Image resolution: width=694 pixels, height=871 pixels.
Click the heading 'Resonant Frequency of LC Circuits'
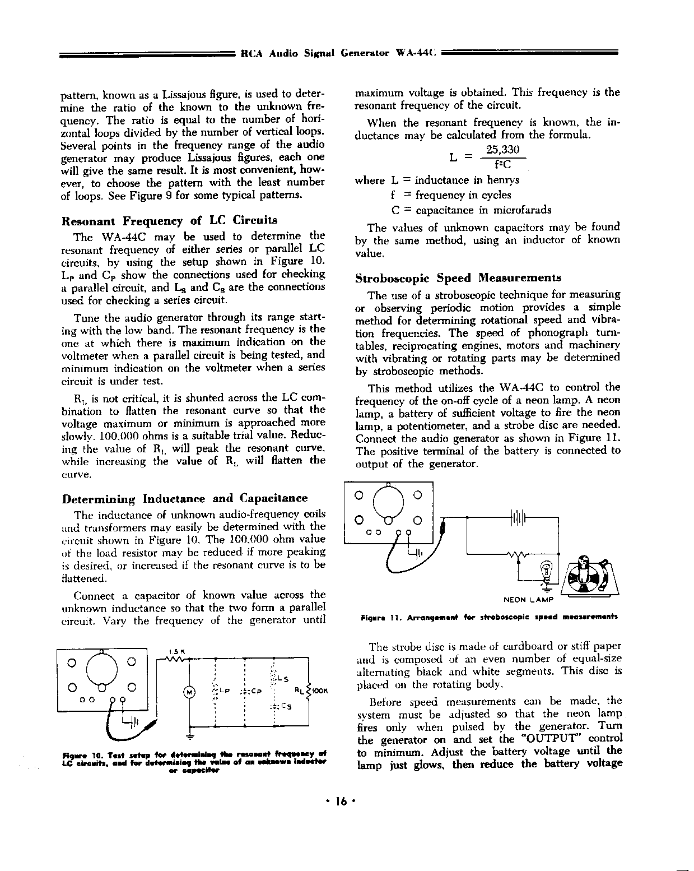[169, 220]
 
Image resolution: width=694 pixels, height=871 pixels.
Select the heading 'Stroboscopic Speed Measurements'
[458, 278]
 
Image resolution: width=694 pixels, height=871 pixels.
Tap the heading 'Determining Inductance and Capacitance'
[185, 498]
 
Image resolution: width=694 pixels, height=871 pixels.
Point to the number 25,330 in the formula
[502, 150]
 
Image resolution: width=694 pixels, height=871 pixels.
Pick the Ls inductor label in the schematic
[282, 679]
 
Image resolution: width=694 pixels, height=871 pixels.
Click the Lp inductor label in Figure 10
[225, 691]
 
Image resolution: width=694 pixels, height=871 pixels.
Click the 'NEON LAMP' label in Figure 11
[528, 600]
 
